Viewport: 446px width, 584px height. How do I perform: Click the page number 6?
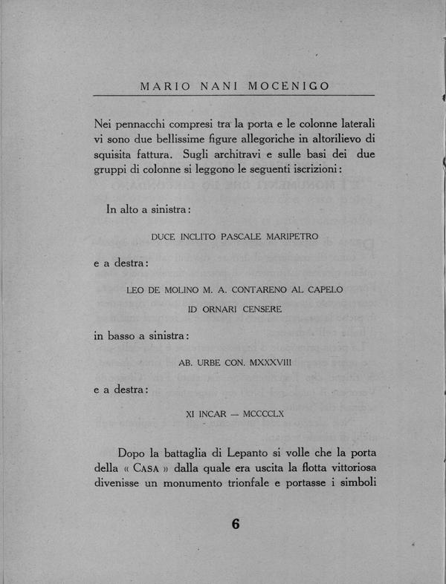point(236,523)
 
